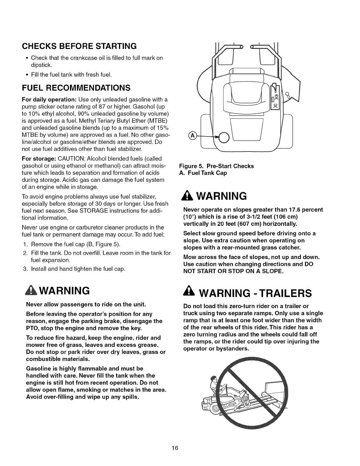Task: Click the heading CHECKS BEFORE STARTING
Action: tap(79, 46)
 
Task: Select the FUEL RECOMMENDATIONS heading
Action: tap(76, 88)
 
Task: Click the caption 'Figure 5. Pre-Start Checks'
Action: tap(216, 166)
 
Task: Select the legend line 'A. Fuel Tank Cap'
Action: tap(203, 173)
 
